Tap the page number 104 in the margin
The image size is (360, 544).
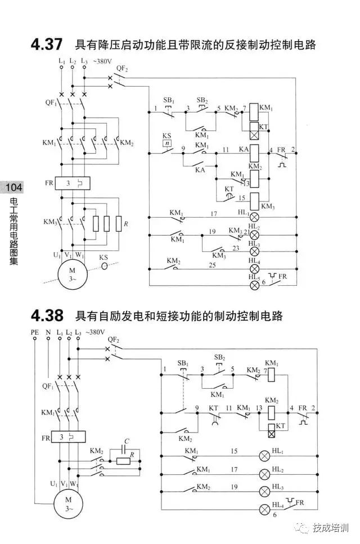[x=11, y=187]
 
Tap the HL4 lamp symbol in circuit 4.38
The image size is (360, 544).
[x=264, y=510]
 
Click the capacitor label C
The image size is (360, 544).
[x=127, y=442]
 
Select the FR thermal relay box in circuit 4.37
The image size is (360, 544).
[x=73, y=183]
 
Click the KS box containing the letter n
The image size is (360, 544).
[x=166, y=143]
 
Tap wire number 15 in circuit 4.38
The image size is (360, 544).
[x=233, y=451]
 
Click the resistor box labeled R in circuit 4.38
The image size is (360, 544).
[x=123, y=460]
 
